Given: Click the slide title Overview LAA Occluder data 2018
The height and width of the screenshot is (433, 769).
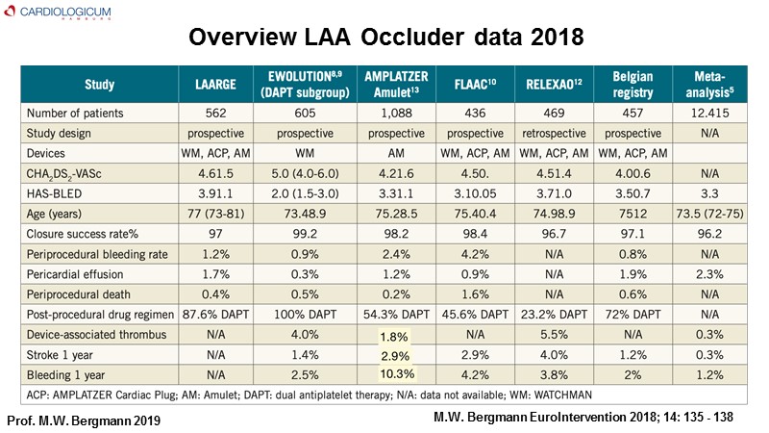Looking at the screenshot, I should tap(384, 38).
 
